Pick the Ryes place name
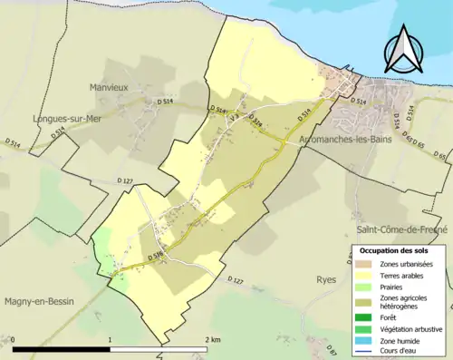pos(326,281)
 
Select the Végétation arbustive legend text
pos(412,327)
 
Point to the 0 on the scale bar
pos(14,339)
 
